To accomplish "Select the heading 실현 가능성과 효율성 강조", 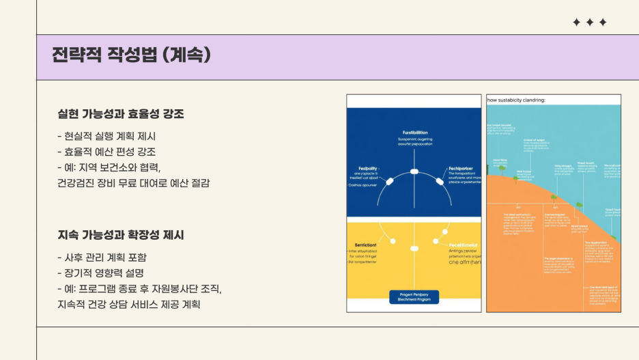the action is (121, 114).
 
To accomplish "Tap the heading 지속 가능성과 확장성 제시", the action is (121, 235).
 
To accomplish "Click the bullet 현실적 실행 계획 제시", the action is (106, 136).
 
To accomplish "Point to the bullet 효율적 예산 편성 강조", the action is (106, 152).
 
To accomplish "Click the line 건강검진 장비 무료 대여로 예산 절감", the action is (133, 183).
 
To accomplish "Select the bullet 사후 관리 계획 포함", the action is (102, 258).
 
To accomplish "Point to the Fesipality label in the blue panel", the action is (369, 168).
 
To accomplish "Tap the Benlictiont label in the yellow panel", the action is (365, 244).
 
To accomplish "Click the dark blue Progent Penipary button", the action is (414, 296).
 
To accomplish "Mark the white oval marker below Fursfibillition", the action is (414, 171).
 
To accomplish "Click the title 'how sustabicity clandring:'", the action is (516, 100).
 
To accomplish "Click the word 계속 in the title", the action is (187, 55).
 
